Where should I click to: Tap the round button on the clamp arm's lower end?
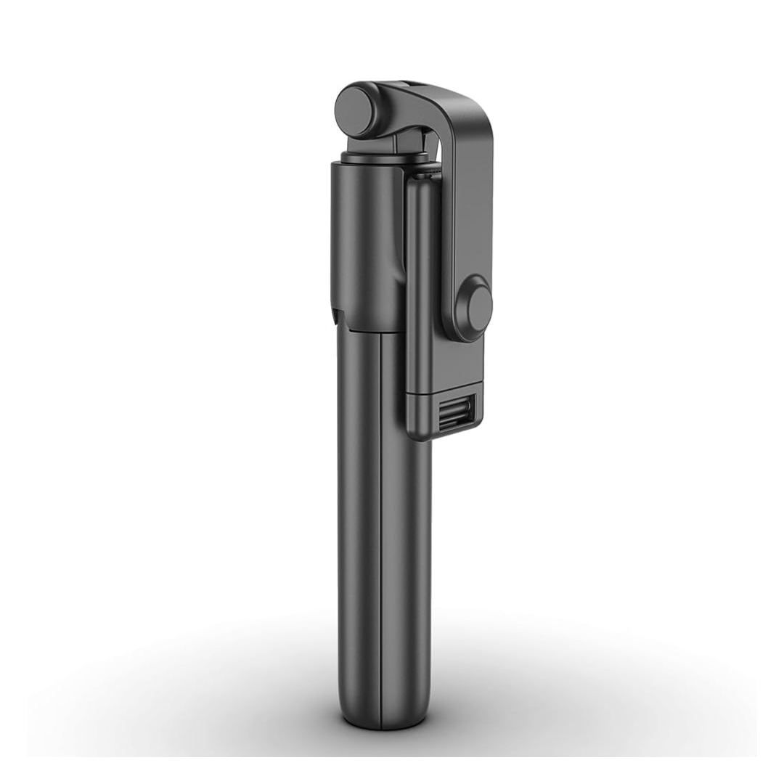coord(478,308)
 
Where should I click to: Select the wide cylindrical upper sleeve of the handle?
coord(367,240)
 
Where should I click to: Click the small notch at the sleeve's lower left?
coord(336,316)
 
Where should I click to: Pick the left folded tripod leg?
coord(359,508)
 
